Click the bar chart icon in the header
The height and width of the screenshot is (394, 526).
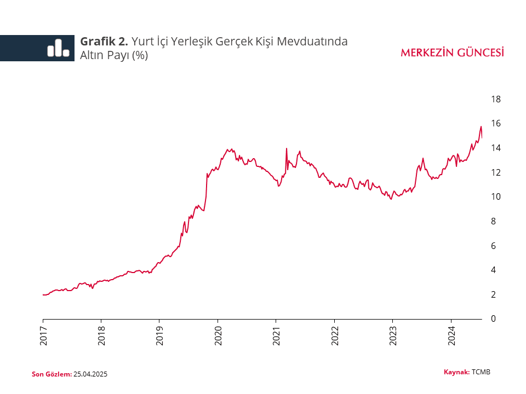58,48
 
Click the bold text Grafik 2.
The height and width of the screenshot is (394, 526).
104,42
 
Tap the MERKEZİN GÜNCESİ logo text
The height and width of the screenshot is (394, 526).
452,53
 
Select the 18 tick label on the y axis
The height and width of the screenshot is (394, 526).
496,100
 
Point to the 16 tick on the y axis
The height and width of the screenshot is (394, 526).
496,124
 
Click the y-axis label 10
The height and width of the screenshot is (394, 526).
496,197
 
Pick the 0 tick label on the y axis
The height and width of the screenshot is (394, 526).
494,319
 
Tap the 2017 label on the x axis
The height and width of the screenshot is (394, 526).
43,334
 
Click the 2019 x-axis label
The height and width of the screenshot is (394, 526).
159,334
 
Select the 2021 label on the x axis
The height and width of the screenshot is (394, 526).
276,334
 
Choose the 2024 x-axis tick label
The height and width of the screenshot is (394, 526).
451,334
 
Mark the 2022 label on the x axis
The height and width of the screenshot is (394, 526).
334,334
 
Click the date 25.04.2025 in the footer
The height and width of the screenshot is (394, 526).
90,374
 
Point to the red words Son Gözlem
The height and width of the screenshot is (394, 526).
52,374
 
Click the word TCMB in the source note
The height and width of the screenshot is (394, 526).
481,372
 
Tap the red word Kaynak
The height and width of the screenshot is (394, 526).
456,372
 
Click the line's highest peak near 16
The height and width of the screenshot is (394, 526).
481,126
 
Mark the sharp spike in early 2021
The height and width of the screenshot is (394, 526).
287,148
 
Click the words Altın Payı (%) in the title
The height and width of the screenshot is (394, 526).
114,55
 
